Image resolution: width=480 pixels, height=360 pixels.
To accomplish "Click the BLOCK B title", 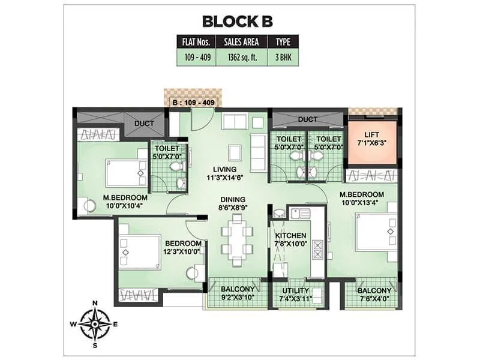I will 237,22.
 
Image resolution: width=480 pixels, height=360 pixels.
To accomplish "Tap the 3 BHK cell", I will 283,58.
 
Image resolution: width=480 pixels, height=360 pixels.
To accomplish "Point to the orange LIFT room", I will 372,142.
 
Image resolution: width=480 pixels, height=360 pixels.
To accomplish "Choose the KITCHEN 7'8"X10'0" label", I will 290,239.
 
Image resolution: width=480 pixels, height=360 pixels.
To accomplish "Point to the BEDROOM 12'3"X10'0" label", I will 182,247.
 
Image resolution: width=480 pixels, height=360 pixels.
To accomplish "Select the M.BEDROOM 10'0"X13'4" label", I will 361,199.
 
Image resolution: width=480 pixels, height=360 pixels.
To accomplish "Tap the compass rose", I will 94,323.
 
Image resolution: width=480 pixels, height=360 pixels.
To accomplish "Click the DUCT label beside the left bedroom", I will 145,124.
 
